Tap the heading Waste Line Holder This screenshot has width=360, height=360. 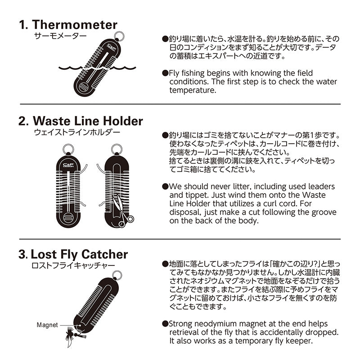(x=87, y=121)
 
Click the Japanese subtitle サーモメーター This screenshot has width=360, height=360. (x=60, y=36)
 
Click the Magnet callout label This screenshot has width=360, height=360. (x=48, y=325)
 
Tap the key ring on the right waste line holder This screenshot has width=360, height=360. (x=116, y=148)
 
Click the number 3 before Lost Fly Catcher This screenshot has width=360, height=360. (x=22, y=254)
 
